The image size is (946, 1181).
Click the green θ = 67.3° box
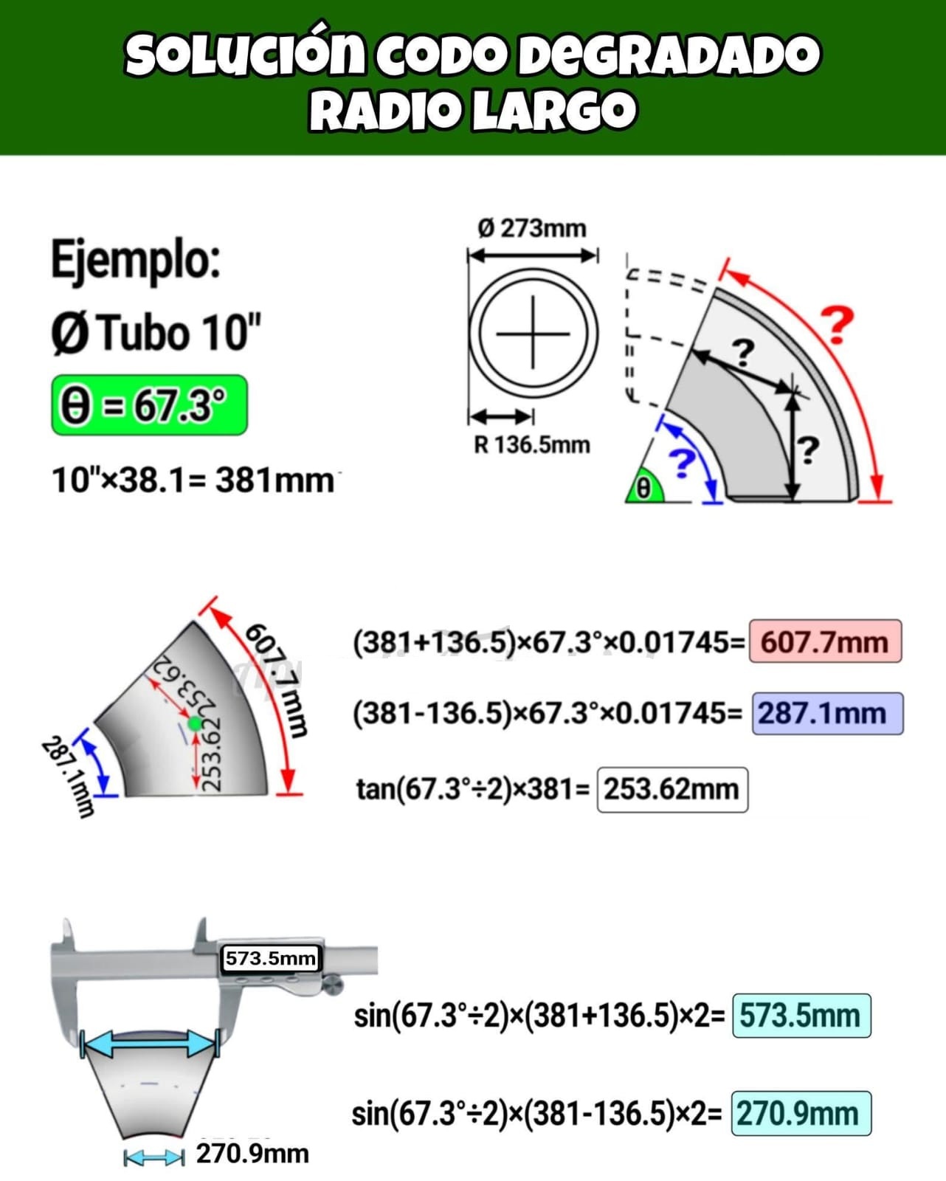point(149,405)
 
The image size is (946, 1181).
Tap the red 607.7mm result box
point(825,641)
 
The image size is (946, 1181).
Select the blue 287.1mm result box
point(827,714)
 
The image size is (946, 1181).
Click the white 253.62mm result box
point(672,790)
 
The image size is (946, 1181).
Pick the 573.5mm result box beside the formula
point(801,1016)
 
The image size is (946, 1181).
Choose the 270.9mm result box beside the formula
point(801,1114)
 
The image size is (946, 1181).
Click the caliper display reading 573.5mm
point(271,958)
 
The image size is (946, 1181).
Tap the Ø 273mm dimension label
point(532,228)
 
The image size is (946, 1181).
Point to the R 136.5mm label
point(532,444)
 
